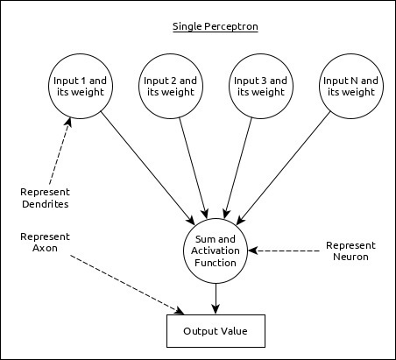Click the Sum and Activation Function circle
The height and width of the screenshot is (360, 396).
(215, 250)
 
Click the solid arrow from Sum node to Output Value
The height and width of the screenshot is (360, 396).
(215, 298)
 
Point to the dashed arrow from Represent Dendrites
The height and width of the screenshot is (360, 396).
(54, 153)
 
